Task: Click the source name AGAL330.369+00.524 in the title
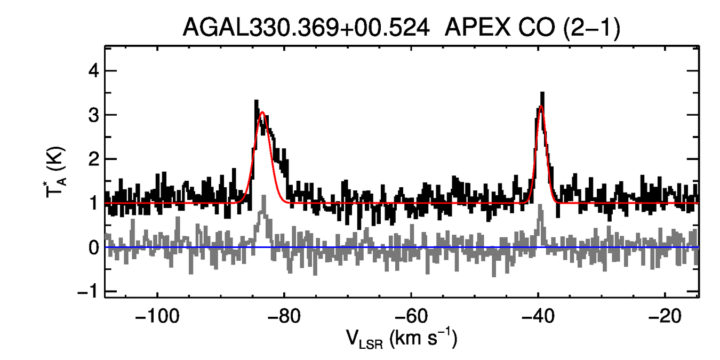coord(306,27)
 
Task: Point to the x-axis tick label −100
coord(157,315)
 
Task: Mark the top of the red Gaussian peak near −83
coord(262,112)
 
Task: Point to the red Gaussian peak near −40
coord(541,106)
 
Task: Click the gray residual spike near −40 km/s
coord(541,213)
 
